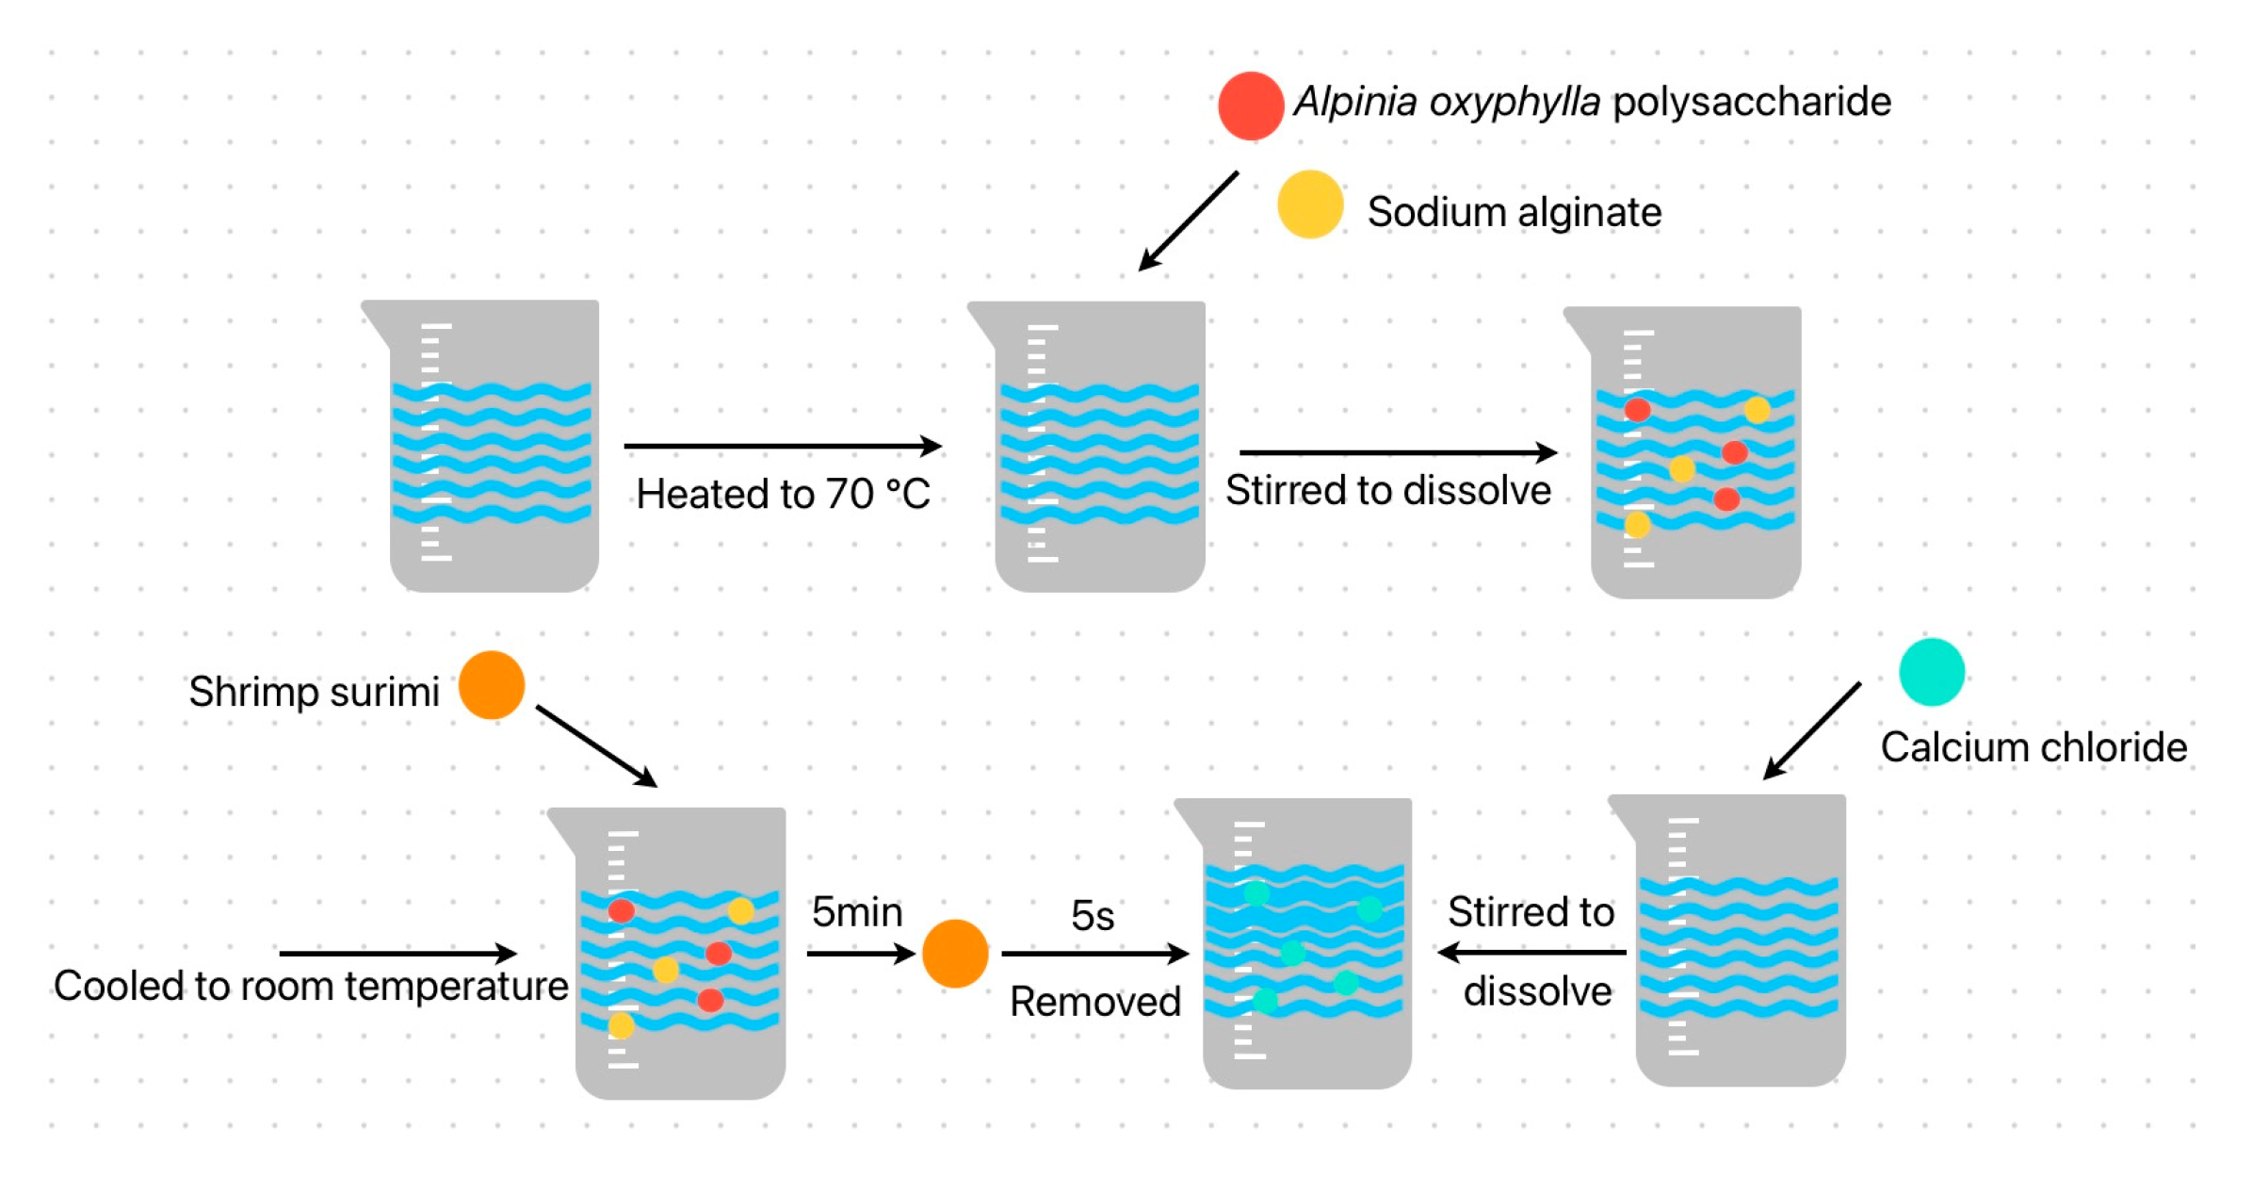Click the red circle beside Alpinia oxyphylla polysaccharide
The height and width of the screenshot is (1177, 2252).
(1250, 106)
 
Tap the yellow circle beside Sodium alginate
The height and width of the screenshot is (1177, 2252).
(1309, 204)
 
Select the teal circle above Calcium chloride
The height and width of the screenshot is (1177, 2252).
(1931, 671)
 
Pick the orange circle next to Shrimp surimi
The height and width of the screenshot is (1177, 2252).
(491, 684)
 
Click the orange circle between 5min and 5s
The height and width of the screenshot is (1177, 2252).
(954, 953)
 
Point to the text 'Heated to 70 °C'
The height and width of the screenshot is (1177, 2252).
(783, 493)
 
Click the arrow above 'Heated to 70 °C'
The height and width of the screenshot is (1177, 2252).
(783, 445)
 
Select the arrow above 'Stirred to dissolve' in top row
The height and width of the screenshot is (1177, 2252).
(1398, 452)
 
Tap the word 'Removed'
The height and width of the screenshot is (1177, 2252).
(1094, 1001)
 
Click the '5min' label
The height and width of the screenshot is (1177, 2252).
(856, 911)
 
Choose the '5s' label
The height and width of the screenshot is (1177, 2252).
(1093, 915)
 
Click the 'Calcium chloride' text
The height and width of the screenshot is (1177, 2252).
(2033, 746)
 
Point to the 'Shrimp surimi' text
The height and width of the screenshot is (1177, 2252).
(314, 692)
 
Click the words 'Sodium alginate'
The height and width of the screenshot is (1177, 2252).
(1514, 211)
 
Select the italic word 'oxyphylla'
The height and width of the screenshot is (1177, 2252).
(1514, 102)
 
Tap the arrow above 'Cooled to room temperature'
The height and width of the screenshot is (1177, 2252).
(398, 953)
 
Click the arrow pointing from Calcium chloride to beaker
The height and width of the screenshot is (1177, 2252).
(1811, 730)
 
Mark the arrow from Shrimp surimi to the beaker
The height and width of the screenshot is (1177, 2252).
(596, 745)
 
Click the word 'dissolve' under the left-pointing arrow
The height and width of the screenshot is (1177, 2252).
(1537, 990)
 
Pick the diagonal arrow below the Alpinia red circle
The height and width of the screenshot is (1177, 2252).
(1188, 221)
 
